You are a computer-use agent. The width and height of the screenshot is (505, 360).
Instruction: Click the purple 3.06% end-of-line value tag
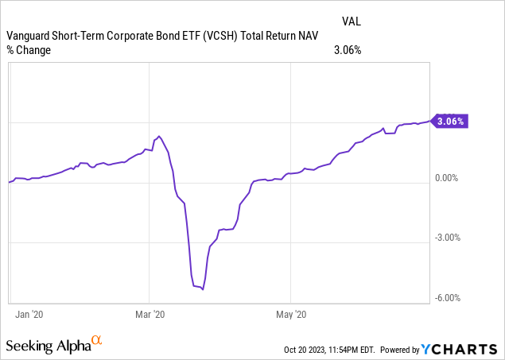click(x=451, y=122)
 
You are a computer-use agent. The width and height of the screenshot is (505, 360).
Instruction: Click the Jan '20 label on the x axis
click(x=29, y=315)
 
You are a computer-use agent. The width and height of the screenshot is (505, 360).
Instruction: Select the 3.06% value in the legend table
click(x=347, y=50)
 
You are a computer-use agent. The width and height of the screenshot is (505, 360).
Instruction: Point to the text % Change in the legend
click(x=29, y=50)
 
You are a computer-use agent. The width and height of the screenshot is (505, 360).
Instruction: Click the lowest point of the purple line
click(x=203, y=289)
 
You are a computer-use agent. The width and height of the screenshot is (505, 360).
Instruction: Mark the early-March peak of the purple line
click(x=159, y=137)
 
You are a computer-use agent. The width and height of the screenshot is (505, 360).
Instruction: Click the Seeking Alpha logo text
click(x=47, y=346)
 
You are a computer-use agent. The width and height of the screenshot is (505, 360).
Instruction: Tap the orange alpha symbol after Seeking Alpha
click(x=97, y=342)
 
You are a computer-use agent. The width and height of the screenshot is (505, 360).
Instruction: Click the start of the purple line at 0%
click(x=9, y=182)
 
